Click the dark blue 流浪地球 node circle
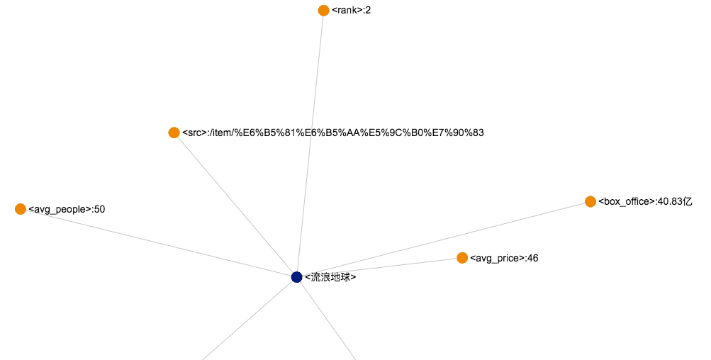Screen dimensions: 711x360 click(x=297, y=277)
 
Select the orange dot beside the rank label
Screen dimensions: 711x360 click(x=324, y=10)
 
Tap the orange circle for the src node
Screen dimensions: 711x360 click(x=174, y=133)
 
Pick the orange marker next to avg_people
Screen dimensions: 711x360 click(x=21, y=209)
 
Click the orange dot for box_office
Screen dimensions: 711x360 click(x=590, y=202)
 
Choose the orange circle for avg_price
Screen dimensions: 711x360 click(x=462, y=258)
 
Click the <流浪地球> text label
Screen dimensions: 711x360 click(x=330, y=277)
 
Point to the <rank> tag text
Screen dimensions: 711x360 click(x=347, y=10)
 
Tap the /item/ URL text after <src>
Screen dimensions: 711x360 click(x=347, y=133)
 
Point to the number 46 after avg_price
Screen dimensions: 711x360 click(x=532, y=258)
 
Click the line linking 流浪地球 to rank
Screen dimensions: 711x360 click(x=310, y=142)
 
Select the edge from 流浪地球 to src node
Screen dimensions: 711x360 click(x=235, y=205)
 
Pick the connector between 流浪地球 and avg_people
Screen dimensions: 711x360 click(x=159, y=243)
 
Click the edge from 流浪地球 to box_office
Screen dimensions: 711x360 click(x=444, y=240)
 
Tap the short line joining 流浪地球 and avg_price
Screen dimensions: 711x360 click(x=379, y=268)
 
